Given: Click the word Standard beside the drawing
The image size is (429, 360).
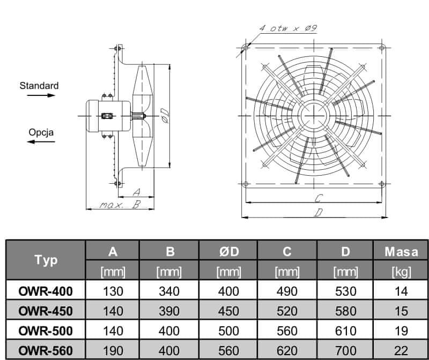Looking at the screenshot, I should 39,85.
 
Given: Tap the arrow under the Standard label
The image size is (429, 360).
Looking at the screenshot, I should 41,96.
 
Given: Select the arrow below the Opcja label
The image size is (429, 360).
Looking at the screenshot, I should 41,141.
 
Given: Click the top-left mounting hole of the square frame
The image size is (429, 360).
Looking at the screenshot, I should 246,49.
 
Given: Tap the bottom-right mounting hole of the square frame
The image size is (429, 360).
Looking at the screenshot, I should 382,185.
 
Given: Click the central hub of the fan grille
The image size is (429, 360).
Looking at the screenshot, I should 314,116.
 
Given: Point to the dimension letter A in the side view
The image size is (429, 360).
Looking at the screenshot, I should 136,192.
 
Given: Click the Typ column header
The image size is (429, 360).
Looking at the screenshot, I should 46,260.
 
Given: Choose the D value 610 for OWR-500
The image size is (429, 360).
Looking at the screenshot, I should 346,331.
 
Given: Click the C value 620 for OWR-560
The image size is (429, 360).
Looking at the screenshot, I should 287,350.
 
